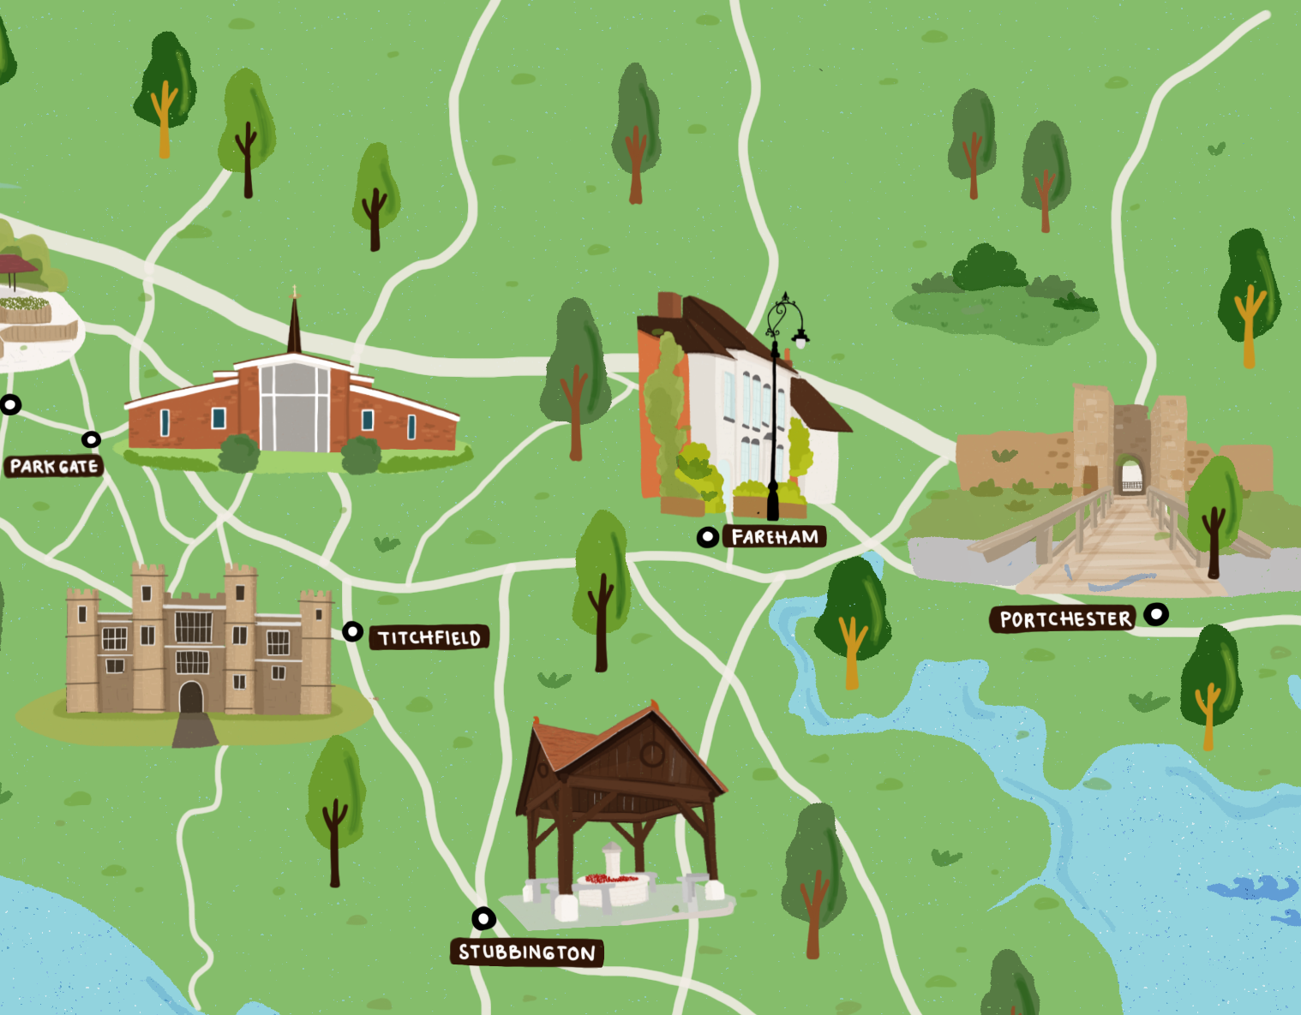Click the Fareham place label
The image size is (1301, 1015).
point(775,537)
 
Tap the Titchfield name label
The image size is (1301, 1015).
point(429,638)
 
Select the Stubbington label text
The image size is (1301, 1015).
point(527,952)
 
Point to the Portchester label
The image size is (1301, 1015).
point(1064,619)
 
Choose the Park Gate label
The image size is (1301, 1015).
point(54,467)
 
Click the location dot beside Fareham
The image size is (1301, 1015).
point(707,537)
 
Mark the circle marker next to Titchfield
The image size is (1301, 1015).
point(352,632)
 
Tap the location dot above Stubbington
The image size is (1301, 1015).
point(484,919)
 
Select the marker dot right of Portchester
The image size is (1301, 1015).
point(1156,614)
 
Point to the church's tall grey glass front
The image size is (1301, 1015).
point(295,407)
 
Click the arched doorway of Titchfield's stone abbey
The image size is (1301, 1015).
point(191,697)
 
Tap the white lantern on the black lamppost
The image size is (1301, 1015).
point(800,341)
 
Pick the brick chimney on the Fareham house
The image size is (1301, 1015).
point(669,306)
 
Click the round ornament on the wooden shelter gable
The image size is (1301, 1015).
point(652,754)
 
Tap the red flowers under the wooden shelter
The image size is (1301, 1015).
point(611,879)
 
